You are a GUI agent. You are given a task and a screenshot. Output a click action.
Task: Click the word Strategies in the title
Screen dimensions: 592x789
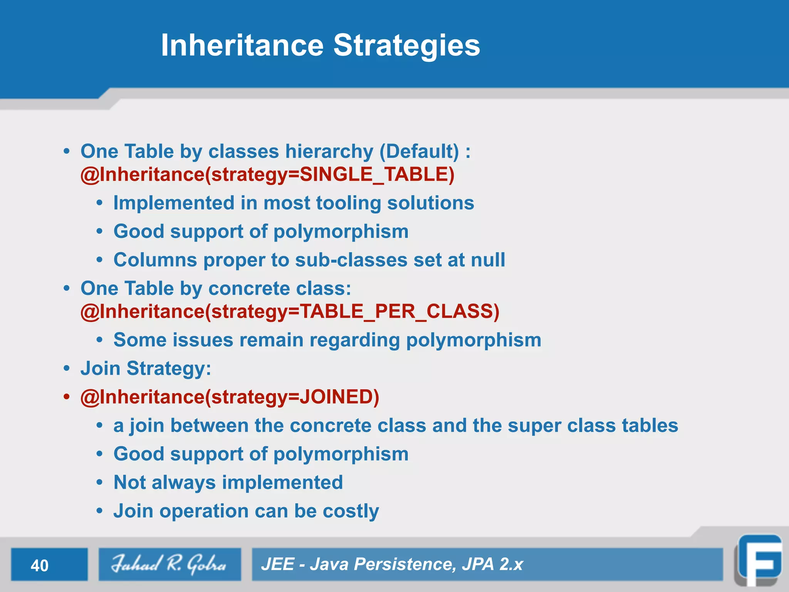tap(406, 45)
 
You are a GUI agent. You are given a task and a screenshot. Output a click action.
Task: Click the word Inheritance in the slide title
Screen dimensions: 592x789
tap(242, 45)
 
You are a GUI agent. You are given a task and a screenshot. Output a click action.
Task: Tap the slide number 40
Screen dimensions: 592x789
tap(39, 565)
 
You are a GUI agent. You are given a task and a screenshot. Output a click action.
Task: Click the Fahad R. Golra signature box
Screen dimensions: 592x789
tap(170, 564)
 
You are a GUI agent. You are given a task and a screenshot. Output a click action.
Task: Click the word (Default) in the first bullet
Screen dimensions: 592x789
tap(419, 151)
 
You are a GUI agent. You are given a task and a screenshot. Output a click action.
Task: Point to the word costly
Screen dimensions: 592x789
tap(351, 511)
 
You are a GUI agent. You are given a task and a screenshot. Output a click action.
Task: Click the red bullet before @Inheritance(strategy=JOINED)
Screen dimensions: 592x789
tap(67, 397)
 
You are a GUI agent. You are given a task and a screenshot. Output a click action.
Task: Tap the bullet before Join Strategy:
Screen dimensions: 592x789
tap(67, 368)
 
